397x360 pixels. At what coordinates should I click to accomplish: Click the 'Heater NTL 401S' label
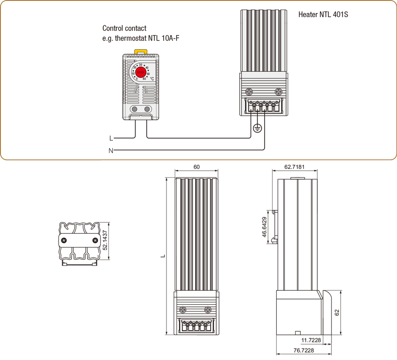click(323, 15)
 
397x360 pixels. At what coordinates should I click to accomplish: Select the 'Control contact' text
click(124, 29)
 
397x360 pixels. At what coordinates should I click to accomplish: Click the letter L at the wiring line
click(111, 138)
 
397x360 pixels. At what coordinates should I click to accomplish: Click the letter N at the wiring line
click(111, 150)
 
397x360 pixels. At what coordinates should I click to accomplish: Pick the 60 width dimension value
click(197, 167)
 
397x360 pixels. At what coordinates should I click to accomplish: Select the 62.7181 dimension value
click(295, 167)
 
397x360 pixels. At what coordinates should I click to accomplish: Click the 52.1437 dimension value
click(105, 240)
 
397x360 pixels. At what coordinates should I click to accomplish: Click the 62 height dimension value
click(337, 313)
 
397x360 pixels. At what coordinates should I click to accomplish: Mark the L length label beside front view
click(163, 256)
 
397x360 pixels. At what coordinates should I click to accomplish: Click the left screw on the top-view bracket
click(64, 240)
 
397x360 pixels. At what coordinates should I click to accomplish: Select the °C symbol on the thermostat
click(152, 78)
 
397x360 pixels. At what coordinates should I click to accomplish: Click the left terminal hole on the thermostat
click(134, 109)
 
